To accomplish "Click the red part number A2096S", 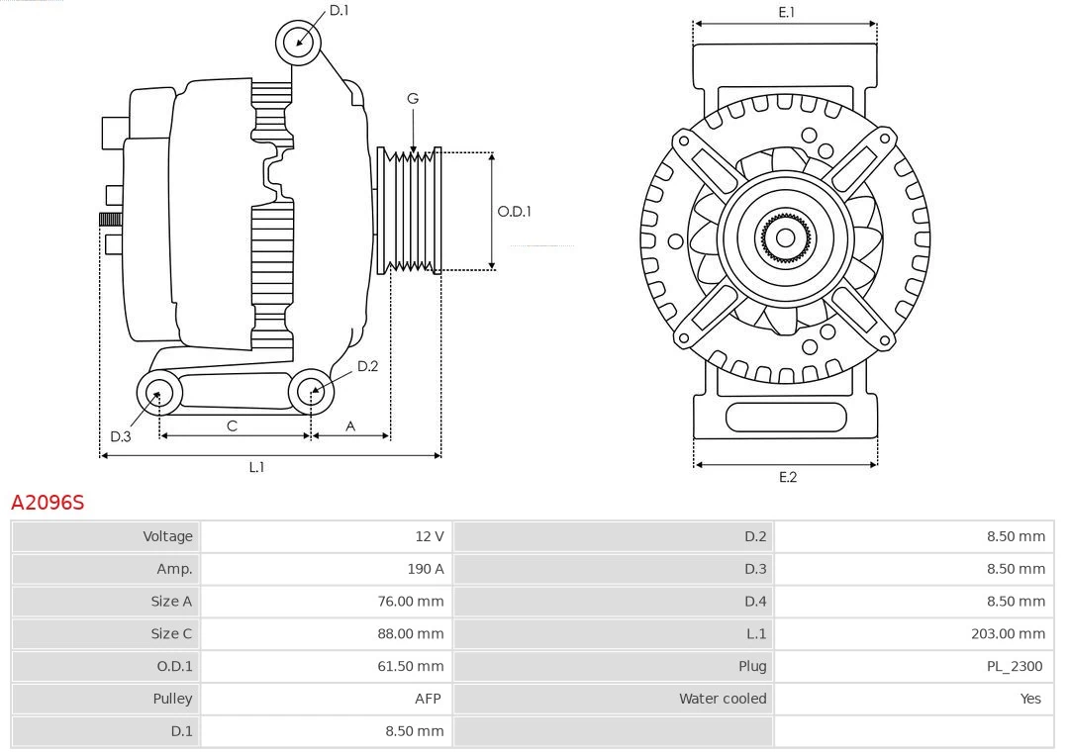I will pos(48,503).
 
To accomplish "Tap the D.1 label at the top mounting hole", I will pos(339,10).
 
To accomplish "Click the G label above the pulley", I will pos(413,98).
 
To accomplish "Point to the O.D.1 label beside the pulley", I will pos(514,211).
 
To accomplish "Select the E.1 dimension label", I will pos(787,12).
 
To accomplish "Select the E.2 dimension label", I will pos(787,477).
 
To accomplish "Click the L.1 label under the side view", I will pos(256,467).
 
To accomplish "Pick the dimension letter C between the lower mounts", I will pos(232,425).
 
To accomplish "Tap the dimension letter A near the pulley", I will pos(350,425).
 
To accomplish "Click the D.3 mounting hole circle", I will pos(157,394).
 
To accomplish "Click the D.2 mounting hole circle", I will pos(312,392).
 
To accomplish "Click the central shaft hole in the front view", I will pos(785,237).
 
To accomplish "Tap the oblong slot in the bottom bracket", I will pos(786,417).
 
